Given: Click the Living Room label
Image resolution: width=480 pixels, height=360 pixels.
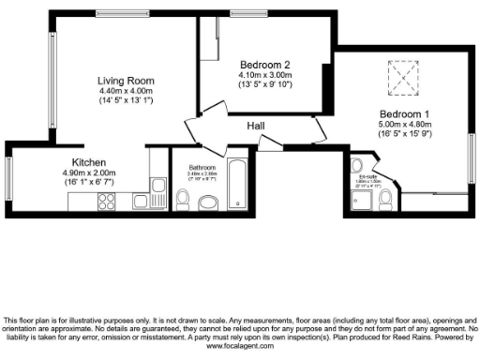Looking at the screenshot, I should click(x=126, y=81).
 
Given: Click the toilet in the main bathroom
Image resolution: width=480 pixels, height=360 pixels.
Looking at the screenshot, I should click(x=184, y=200).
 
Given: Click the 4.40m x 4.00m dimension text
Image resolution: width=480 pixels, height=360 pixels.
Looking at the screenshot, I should click(x=126, y=90).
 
